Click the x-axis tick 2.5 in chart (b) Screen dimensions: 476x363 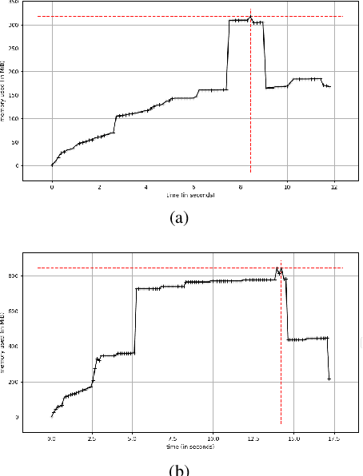(x=92, y=438)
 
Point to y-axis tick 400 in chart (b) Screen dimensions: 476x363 (x=33, y=347)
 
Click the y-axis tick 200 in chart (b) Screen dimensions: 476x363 (x=33, y=382)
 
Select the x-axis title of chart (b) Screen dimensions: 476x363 (x=192, y=446)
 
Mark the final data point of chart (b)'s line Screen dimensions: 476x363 (x=329, y=379)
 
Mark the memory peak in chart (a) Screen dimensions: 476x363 (x=250, y=17)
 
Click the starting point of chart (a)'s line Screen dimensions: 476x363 (x=52, y=165)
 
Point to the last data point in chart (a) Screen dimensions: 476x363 (x=329, y=86)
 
